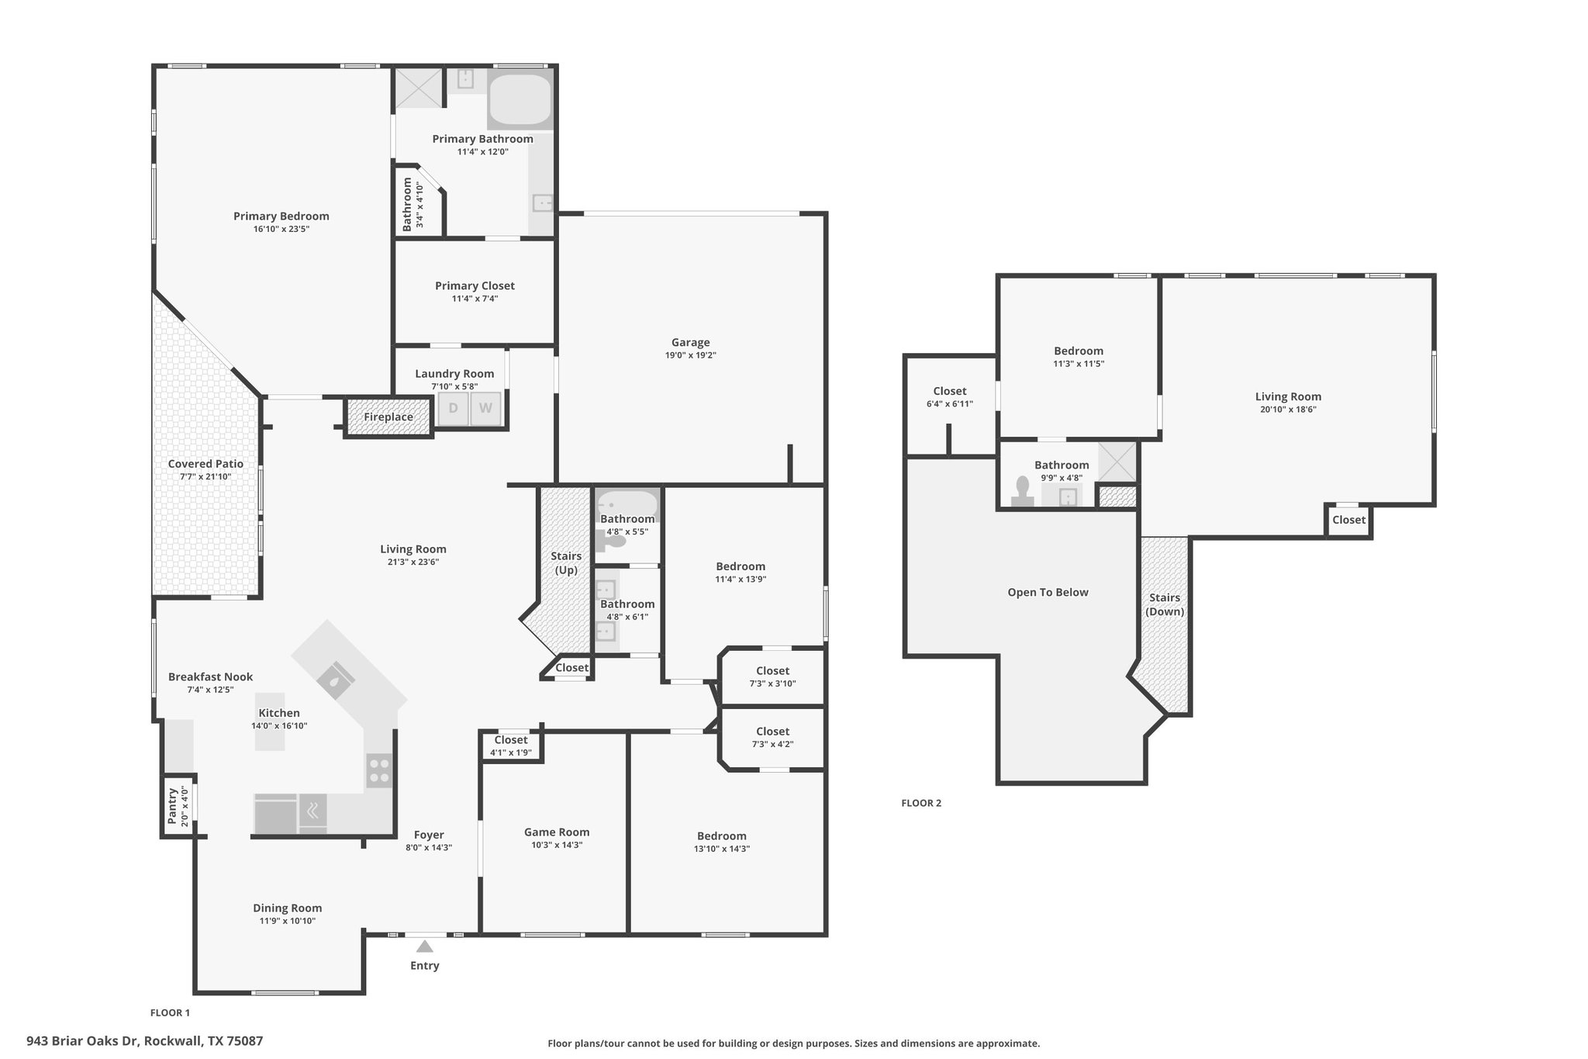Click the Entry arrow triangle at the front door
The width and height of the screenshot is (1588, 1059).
[x=424, y=946]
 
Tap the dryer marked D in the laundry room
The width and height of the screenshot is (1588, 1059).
[x=454, y=408]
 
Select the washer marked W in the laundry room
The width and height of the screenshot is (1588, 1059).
[x=485, y=408]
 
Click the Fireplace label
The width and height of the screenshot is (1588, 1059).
[x=388, y=417]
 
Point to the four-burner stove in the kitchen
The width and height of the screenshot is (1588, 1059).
[x=379, y=770]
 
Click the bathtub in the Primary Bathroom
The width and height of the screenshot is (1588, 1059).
[x=520, y=101]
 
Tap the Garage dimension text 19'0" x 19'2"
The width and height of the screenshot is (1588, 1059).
[x=690, y=355]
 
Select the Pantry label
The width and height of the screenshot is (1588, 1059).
[x=172, y=807]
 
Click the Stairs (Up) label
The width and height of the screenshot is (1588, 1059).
[x=566, y=562]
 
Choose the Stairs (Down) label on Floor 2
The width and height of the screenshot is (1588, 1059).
[x=1165, y=604]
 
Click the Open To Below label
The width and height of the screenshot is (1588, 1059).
[x=1048, y=592]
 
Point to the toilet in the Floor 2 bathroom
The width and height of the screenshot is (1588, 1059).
[x=1023, y=492]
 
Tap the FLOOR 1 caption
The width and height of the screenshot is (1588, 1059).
[x=170, y=1012]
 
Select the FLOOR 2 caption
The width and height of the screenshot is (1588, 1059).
[x=921, y=803]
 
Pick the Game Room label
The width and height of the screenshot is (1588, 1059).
[x=557, y=832]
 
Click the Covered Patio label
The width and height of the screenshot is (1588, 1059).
[x=205, y=464]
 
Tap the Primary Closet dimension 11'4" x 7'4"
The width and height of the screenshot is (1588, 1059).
[x=475, y=299]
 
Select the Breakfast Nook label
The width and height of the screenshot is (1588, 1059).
[x=210, y=677]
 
